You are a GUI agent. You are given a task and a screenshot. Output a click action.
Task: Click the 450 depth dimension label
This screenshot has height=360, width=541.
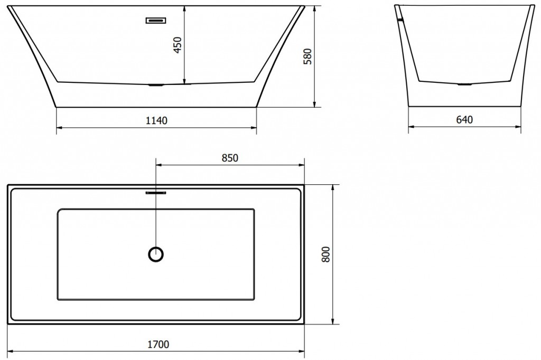178,45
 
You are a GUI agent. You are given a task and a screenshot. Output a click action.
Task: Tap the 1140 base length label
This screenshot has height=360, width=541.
156,121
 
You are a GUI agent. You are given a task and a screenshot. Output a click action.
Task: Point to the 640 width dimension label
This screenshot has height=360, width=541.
464,120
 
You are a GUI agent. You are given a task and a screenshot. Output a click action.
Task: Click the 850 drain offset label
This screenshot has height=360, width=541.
230,158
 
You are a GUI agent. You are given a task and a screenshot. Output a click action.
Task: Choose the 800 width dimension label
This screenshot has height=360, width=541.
325,254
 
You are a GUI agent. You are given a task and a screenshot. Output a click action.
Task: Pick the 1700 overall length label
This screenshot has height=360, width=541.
158,344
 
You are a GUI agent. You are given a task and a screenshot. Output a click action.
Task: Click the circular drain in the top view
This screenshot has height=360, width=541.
156,254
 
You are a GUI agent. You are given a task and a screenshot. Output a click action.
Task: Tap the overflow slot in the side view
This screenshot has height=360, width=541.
156,21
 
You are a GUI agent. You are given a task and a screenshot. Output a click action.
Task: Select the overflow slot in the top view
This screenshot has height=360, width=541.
156,193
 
